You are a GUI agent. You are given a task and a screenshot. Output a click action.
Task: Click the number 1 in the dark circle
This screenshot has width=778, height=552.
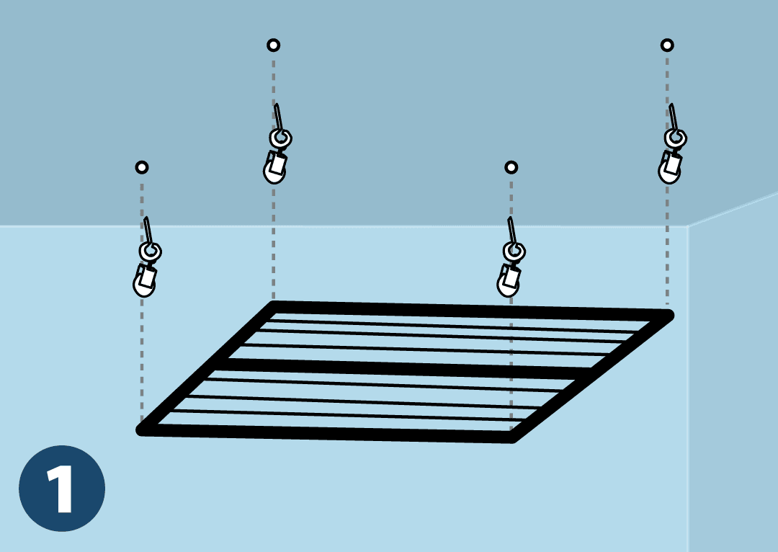(x=61, y=489)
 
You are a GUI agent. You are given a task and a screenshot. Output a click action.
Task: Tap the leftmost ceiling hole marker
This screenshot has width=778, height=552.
(x=142, y=167)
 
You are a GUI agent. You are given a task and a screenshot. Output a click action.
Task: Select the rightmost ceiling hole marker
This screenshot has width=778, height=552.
(x=667, y=45)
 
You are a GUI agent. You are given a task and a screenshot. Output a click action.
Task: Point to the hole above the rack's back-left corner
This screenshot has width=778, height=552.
(x=274, y=45)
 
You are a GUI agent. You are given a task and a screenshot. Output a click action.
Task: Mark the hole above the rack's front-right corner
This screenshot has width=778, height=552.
(x=511, y=167)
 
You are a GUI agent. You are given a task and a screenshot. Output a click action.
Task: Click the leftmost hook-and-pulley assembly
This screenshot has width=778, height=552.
(x=147, y=258)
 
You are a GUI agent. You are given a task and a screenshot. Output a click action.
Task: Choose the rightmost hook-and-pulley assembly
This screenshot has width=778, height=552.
(x=672, y=145)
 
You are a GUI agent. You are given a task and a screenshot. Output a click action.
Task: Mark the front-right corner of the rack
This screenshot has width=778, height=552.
(x=512, y=438)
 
